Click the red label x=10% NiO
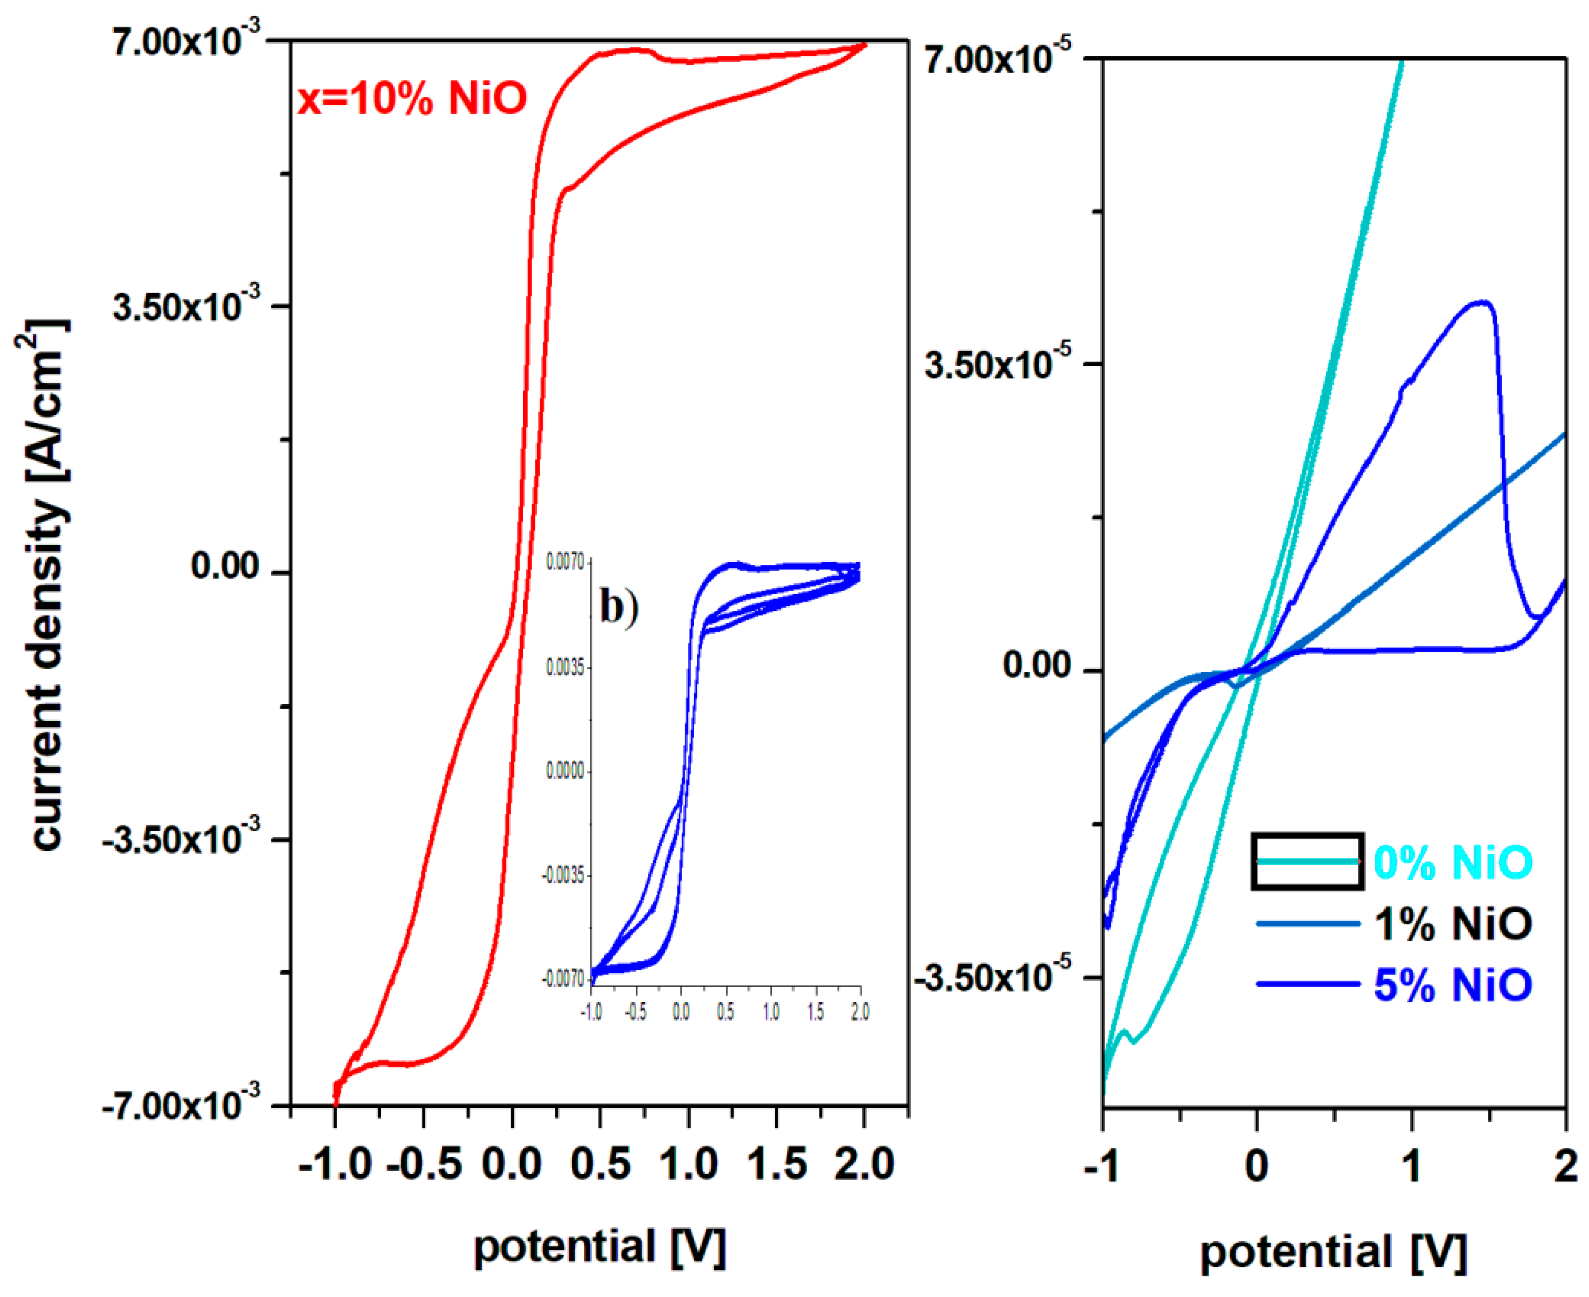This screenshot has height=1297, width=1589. tap(412, 98)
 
